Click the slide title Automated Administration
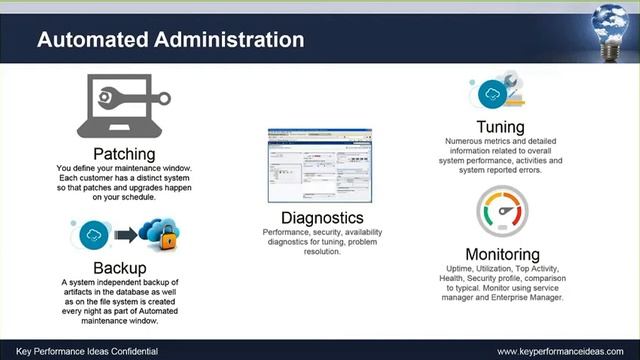pos(170,41)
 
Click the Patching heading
pos(124,154)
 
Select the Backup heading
pos(120,268)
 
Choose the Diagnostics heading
pos(321,218)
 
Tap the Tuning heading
pos(501,128)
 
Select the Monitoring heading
pos(502,254)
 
